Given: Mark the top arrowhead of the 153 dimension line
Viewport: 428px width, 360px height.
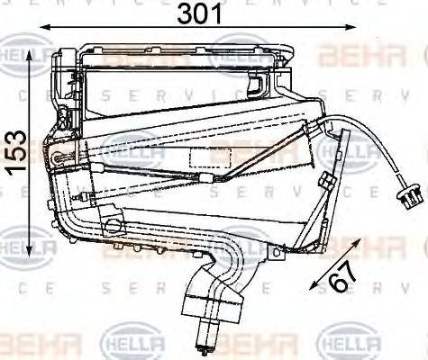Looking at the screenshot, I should [32, 52].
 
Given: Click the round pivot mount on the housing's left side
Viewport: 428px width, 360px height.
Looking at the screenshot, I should [59, 160].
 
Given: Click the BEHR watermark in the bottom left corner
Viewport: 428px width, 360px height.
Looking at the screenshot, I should [41, 343].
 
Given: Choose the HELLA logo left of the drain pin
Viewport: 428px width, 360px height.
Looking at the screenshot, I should [135, 343].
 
